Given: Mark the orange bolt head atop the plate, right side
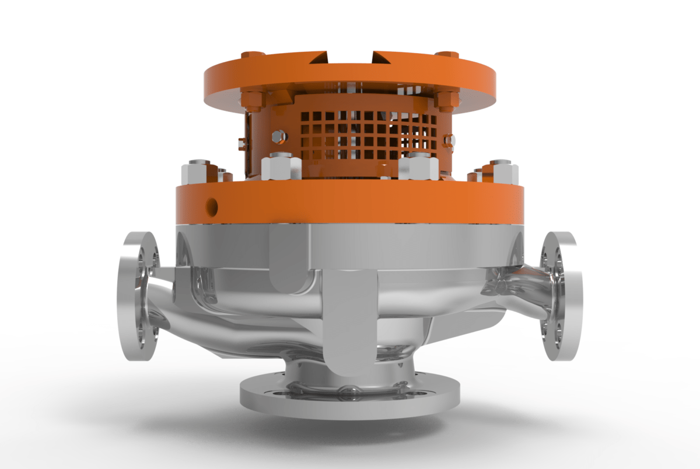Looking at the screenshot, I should pos(447,54).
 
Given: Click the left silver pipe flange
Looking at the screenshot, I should pos(139,296).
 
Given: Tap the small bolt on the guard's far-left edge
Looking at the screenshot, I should pos(240,142).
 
